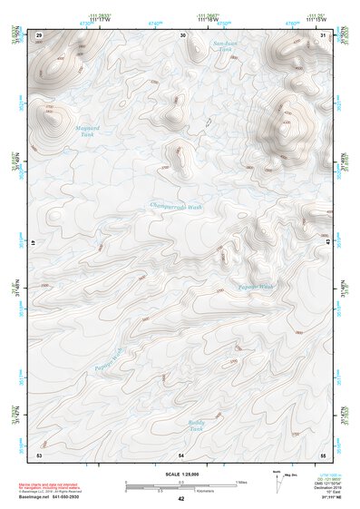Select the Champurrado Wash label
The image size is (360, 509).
(x=176, y=206)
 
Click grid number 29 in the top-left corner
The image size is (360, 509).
(x=39, y=34)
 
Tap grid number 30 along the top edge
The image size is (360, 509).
(x=183, y=34)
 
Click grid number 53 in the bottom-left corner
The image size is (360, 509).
(x=39, y=454)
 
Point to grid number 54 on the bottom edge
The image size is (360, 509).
(x=181, y=454)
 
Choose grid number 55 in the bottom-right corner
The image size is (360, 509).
(x=323, y=454)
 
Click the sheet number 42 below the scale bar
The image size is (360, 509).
(x=180, y=499)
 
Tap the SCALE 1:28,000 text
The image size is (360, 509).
(x=180, y=473)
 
